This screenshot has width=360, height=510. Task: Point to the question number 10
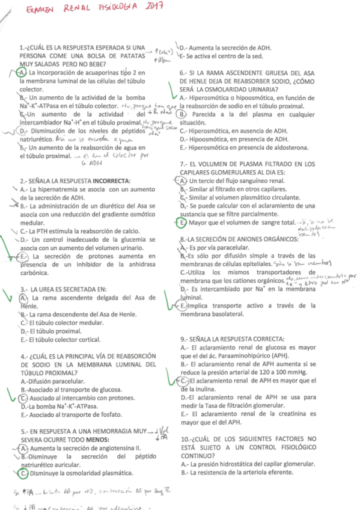pos(186,438)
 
